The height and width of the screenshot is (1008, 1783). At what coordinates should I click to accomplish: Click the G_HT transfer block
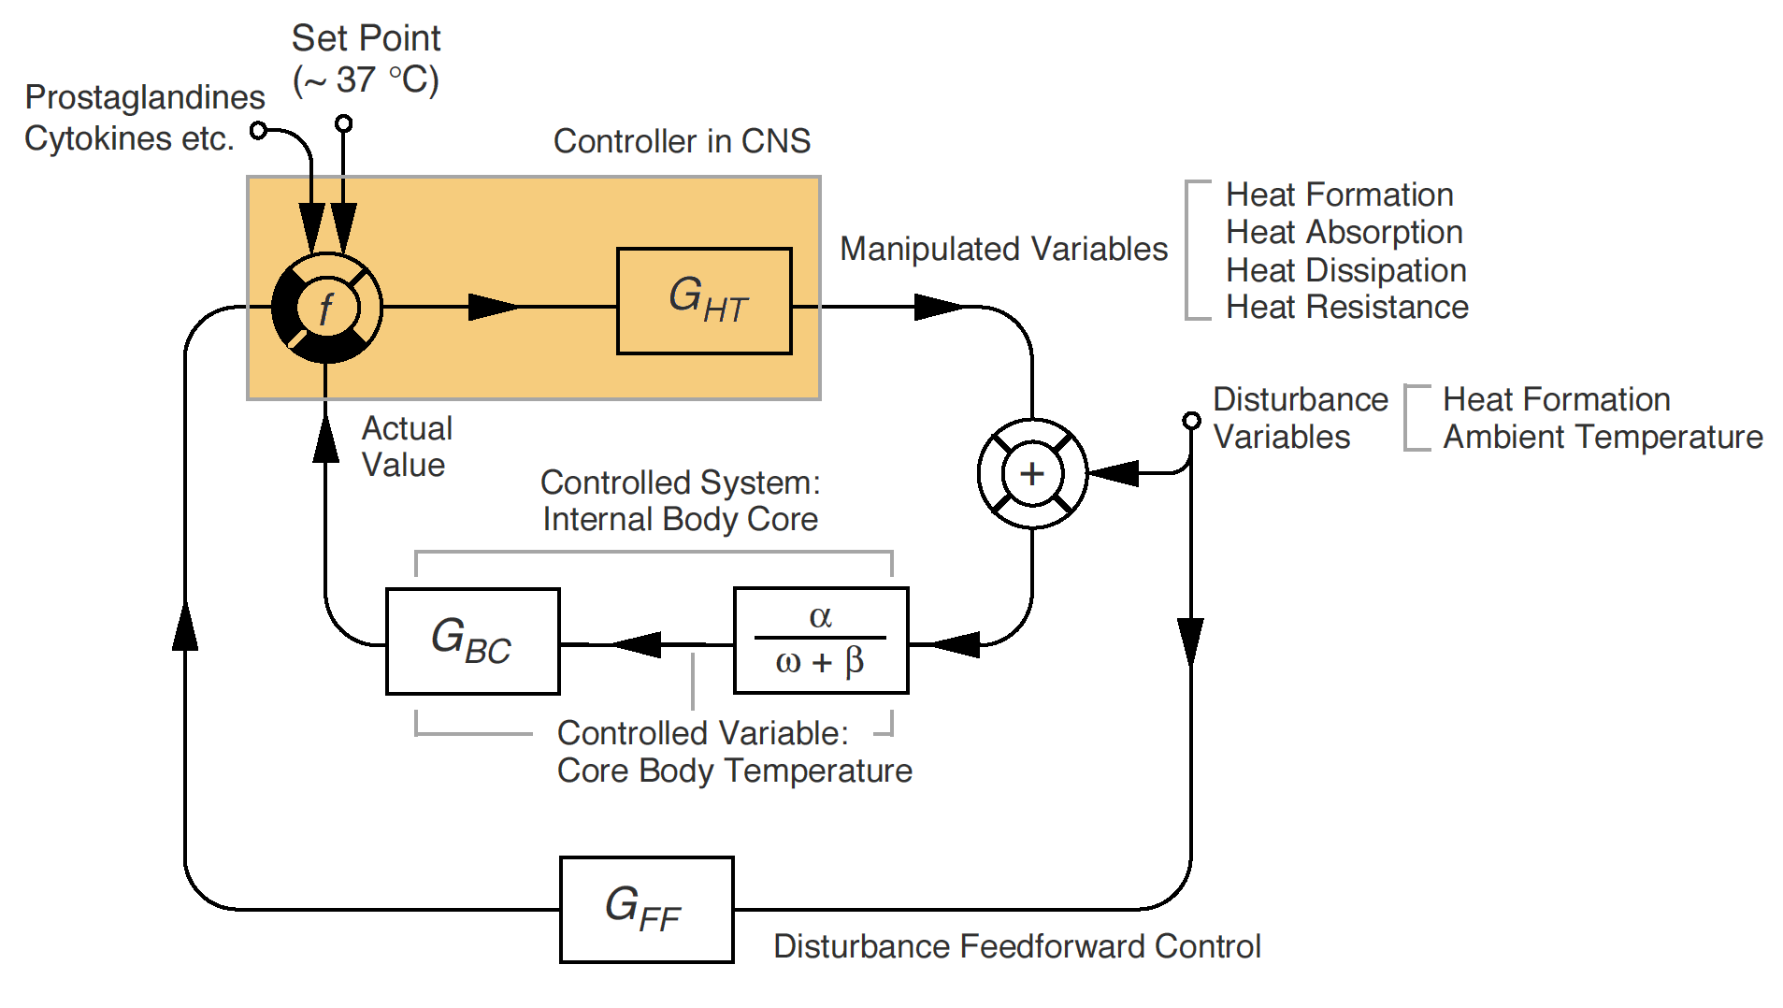click(704, 301)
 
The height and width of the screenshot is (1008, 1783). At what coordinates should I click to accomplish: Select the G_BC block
click(472, 641)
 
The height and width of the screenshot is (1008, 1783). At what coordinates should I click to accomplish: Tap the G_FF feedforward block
click(646, 909)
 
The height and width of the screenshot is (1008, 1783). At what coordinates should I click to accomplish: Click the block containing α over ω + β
click(821, 641)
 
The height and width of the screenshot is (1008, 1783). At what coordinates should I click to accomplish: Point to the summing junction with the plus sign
click(1032, 473)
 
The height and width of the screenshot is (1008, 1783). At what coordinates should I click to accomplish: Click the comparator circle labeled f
click(326, 308)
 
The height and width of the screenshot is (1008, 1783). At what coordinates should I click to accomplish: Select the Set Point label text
click(366, 38)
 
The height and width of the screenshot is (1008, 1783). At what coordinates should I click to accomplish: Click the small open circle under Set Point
click(343, 123)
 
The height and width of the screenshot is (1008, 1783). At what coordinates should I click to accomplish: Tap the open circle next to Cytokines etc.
click(259, 130)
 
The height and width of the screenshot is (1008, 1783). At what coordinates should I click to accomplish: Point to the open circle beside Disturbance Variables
click(1191, 420)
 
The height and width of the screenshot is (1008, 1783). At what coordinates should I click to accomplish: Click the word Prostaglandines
click(145, 97)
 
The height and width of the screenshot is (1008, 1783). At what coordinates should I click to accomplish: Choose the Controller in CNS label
click(682, 141)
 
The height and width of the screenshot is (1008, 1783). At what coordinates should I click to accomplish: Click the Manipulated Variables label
click(1003, 249)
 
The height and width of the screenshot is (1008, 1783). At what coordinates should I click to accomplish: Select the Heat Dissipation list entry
click(1345, 270)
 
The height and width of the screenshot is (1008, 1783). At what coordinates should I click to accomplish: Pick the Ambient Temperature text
click(1603, 437)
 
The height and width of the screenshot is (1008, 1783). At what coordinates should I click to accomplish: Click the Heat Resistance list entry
click(1346, 307)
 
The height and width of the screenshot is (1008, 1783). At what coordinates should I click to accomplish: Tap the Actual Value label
click(407, 446)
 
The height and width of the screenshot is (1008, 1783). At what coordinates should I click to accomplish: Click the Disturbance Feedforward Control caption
click(1016, 946)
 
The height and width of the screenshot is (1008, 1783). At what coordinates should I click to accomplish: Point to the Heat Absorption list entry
click(1344, 232)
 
